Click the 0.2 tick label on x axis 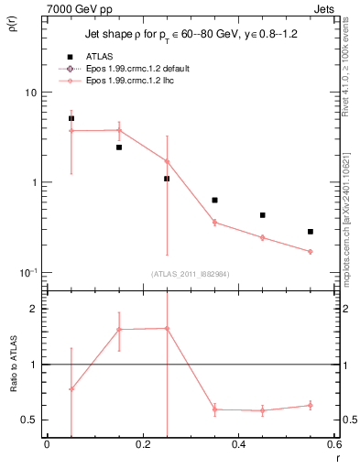142,444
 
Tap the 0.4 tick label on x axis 238,444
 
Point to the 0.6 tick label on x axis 333,444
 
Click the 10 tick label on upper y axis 29,93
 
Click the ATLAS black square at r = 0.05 71,118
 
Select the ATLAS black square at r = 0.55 311,232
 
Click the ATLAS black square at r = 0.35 214,200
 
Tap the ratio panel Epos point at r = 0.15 119,329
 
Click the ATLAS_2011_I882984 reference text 190,274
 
